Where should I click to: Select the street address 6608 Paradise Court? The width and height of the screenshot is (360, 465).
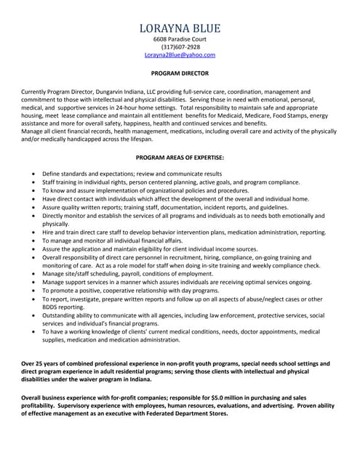[x=180, y=39]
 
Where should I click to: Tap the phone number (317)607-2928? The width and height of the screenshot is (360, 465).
[x=180, y=46]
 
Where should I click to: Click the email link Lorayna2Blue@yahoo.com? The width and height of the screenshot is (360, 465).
[x=180, y=54]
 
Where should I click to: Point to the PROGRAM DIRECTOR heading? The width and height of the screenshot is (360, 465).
[x=180, y=73]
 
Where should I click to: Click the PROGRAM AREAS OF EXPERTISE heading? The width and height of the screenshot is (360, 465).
[x=180, y=157]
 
